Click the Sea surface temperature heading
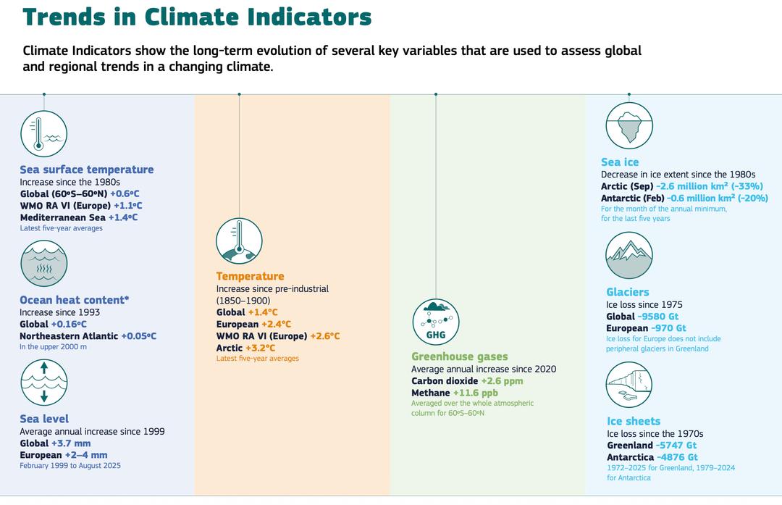87,170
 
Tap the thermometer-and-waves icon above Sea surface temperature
43,134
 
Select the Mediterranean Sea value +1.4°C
122,217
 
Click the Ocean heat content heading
74,300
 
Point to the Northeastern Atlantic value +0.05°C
138,336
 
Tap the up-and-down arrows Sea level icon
43,382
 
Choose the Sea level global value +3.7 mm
70,443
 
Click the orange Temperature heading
250,276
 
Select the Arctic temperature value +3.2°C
261,348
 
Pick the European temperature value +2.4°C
276,325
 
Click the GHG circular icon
436,322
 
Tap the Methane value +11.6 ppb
476,393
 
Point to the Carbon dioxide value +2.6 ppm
502,381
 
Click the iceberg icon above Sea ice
628,125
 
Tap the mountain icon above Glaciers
628,256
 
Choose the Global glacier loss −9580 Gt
658,317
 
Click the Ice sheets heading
634,421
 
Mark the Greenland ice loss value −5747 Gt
676,446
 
